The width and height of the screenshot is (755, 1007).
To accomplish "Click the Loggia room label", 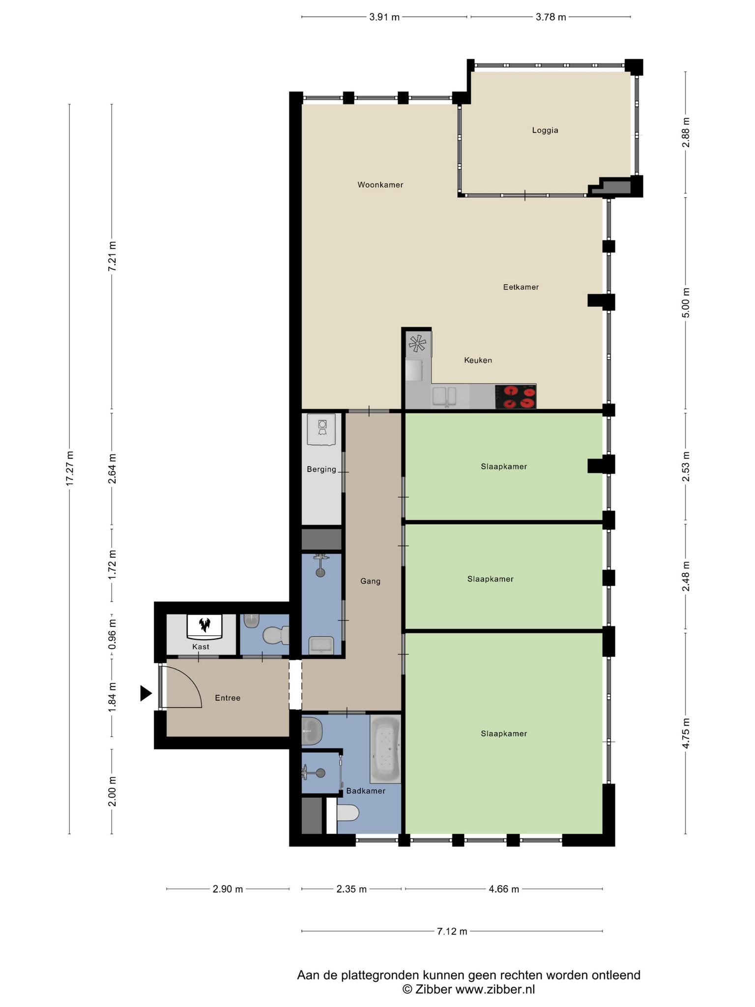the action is coord(545,130).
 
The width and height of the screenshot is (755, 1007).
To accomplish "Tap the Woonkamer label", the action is coord(380,185).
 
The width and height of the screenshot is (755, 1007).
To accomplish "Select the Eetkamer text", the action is coord(521,287).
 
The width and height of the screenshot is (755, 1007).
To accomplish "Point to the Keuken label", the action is coord(478,360).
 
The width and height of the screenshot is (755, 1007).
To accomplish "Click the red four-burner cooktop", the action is coord(516,397).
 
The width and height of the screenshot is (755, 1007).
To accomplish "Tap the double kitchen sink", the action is coord(444,397).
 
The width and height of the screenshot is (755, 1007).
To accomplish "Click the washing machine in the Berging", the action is coord(321,429).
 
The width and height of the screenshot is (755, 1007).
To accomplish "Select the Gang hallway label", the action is coord(371,581).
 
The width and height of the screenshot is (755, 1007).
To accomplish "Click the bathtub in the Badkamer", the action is coord(386,749).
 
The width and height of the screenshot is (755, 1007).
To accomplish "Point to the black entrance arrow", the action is coord(145,693).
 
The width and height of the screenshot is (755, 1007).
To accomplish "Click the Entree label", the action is coord(228,698).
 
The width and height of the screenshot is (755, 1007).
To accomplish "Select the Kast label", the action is coord(201,647).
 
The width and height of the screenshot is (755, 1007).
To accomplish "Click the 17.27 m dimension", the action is coord(70,469).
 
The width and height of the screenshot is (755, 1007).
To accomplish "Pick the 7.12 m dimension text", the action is coord(452,931).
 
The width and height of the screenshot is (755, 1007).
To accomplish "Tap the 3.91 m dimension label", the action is coord(384,17).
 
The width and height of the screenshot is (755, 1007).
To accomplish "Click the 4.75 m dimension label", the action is coord(686,733).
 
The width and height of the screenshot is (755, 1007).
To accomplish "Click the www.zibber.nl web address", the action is coord(495,989).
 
